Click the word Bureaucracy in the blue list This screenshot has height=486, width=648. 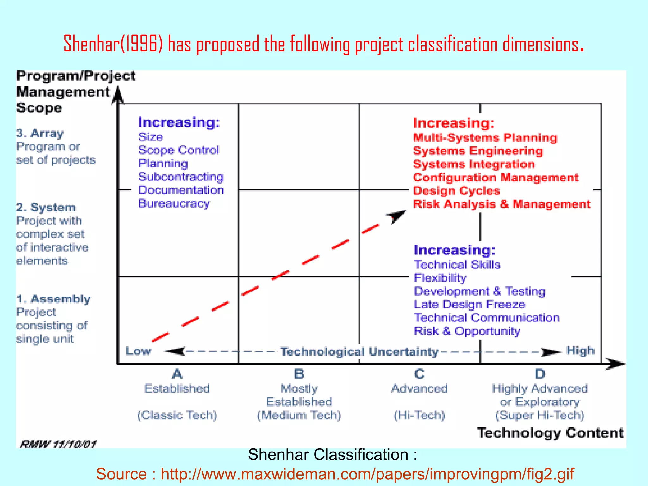tap(174, 203)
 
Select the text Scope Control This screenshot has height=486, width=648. tap(178, 150)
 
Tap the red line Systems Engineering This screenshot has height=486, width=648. tap(478, 151)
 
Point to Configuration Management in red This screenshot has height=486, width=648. tap(495, 178)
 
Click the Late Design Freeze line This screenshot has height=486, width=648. tap(470, 304)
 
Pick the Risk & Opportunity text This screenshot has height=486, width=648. tap(467, 331)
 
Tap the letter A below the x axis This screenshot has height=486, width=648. tap(177, 374)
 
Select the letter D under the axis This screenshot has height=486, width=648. tap(540, 374)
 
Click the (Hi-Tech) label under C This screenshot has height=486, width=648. tap(419, 415)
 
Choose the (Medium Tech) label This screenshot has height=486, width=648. tap(299, 415)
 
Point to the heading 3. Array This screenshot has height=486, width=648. tap(40, 133)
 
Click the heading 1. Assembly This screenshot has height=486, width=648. tap(53, 299)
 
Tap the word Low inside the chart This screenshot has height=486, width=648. tap(138, 351)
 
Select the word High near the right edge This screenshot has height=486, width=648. tap(580, 351)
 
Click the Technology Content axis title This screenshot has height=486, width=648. tap(550, 433)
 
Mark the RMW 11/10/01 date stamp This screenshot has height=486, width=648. tap(58, 445)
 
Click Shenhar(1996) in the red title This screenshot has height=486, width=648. tap(113, 44)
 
